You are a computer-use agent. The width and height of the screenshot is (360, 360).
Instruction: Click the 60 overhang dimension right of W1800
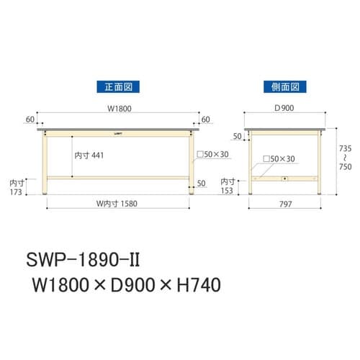click(206, 120)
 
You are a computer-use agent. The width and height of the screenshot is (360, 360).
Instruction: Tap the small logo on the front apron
click(118, 133)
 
